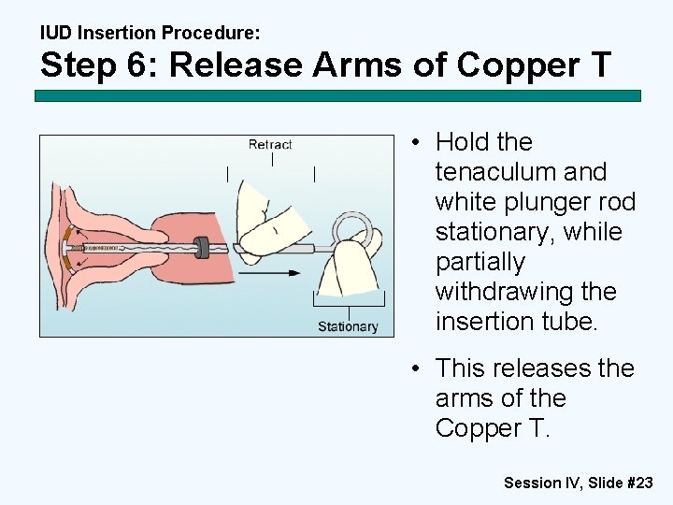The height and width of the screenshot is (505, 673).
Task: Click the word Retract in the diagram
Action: coord(270,144)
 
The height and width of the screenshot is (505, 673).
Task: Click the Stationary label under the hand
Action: coord(348,326)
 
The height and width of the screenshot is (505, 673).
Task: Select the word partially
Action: coord(480,262)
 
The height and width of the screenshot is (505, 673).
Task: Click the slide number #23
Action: coord(638,483)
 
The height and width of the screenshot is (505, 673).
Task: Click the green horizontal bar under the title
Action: coord(337,95)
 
